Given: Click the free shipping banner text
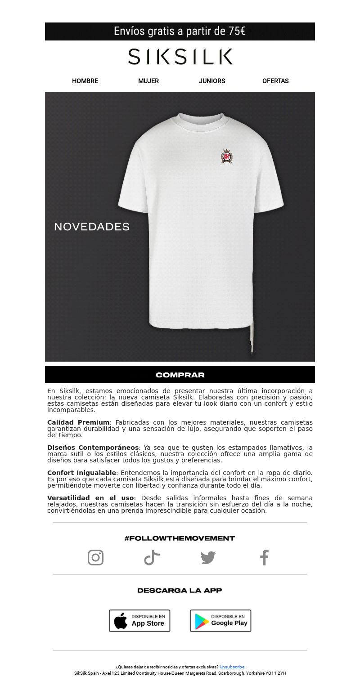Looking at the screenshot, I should click(180, 31).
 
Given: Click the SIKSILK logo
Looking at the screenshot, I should click(180, 57).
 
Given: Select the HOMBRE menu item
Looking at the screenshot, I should click(85, 81).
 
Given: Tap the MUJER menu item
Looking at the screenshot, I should click(148, 81).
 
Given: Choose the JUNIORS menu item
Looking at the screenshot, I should click(212, 81).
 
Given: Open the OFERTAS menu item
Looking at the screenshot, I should click(275, 81).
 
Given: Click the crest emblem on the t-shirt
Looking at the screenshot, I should click(226, 156).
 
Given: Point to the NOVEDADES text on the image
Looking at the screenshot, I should click(92, 227).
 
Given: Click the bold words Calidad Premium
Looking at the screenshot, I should click(78, 422).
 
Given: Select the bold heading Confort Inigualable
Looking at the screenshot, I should click(81, 473).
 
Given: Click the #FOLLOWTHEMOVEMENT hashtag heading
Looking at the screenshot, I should click(180, 538).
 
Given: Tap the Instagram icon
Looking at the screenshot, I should click(95, 557).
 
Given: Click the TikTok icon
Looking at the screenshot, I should click(152, 557).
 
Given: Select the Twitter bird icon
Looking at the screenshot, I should click(208, 558).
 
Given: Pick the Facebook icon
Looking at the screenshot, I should click(264, 557).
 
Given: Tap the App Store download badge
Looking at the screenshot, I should click(139, 621).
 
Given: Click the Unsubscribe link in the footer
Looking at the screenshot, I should click(232, 667).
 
